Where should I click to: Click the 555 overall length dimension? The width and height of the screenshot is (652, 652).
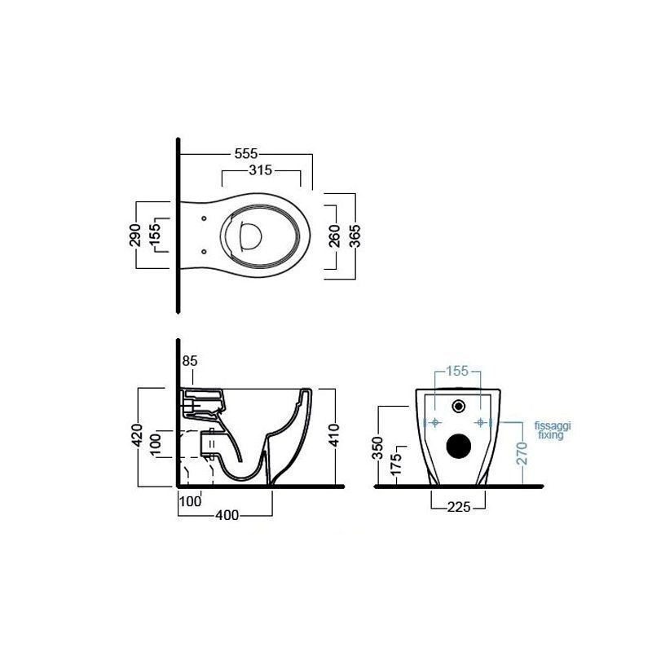247,153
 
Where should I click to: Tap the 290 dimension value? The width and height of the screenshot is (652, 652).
136,234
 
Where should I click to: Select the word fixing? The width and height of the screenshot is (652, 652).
550,435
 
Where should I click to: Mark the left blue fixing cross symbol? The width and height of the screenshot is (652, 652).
435,422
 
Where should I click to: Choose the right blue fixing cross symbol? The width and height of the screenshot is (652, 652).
482,422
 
